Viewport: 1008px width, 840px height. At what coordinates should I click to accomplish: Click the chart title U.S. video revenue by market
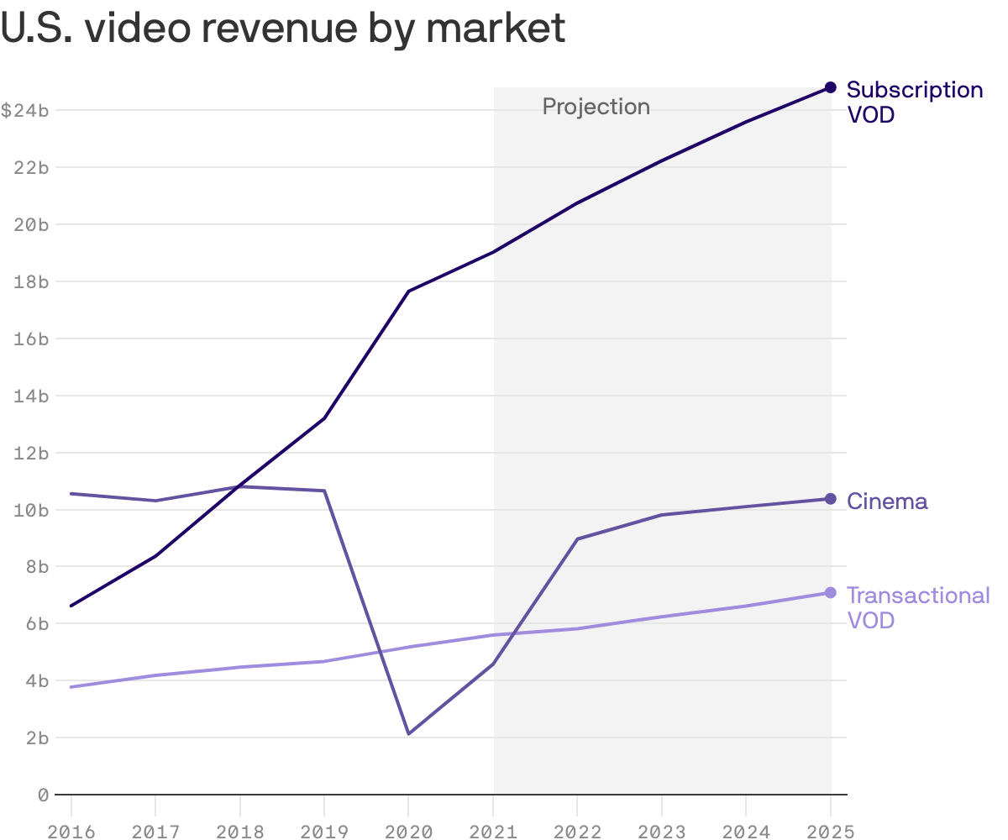pos(283,29)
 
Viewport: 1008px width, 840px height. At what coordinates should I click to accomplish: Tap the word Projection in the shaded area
pos(596,107)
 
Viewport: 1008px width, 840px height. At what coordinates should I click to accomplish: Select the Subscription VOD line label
pos(914,102)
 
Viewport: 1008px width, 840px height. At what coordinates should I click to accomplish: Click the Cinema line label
pos(887,501)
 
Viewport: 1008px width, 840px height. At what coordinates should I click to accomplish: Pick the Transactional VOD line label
pos(917,607)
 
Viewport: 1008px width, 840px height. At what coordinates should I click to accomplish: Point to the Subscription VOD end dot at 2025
pos(830,87)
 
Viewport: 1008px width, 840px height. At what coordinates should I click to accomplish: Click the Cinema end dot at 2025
pos(830,499)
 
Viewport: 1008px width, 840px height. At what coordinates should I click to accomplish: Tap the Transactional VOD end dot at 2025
pos(830,593)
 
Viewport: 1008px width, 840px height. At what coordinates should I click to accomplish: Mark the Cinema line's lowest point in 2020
pos(408,734)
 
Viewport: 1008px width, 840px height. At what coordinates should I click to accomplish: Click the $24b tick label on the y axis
pos(25,110)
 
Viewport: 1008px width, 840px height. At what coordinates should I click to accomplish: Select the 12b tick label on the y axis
pos(32,453)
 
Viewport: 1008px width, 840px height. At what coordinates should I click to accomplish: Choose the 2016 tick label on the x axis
pos(71,831)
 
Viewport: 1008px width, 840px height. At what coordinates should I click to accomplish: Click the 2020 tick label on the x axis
pos(408,831)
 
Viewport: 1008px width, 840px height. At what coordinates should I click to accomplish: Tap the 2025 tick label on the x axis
pos(830,831)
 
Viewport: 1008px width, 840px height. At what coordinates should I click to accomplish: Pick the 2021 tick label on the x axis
pos(493,831)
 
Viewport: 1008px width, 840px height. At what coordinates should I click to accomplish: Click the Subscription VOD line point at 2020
pos(408,291)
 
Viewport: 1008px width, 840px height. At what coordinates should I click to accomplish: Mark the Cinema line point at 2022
pos(577,539)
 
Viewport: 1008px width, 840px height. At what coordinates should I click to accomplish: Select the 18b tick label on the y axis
pos(32,281)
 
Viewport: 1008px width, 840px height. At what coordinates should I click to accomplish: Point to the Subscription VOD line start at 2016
pos(71,606)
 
